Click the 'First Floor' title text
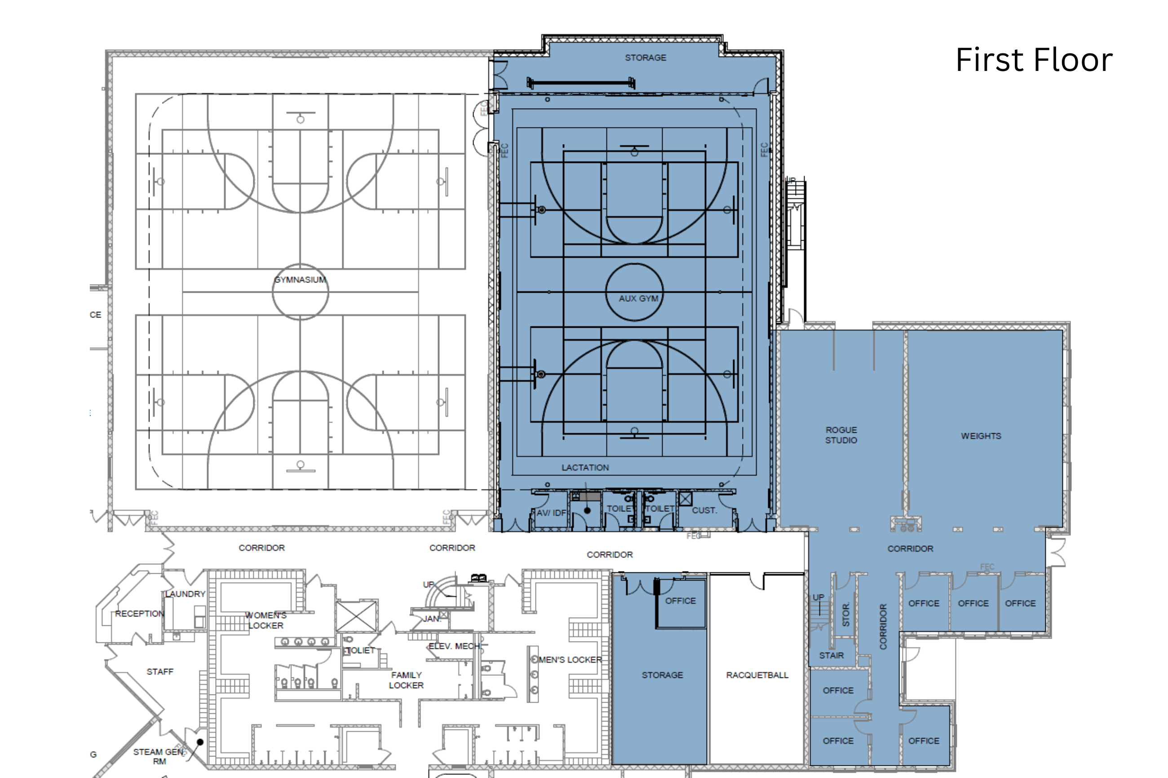(x=1034, y=60)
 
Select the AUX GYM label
(x=638, y=299)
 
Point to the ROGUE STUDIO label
(x=841, y=435)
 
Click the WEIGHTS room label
(x=981, y=436)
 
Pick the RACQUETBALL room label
(x=757, y=675)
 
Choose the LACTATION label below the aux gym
(x=585, y=468)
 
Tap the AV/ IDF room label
(x=551, y=513)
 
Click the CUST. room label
(x=704, y=510)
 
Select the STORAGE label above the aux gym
(x=645, y=58)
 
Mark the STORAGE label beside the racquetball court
(x=662, y=675)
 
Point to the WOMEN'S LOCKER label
(x=265, y=621)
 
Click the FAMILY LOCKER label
(x=406, y=680)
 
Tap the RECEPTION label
(x=139, y=614)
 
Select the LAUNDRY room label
(x=185, y=594)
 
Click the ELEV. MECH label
(x=454, y=646)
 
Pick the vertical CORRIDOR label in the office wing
(x=883, y=627)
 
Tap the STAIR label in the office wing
(x=832, y=655)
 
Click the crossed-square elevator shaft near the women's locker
(x=356, y=616)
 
